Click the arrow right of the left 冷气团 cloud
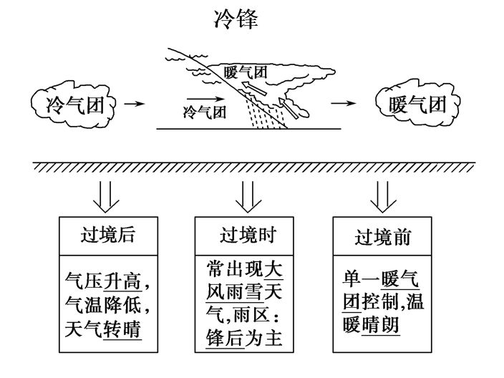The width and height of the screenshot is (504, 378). click(134, 105)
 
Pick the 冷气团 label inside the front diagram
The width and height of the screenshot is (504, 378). click(205, 112)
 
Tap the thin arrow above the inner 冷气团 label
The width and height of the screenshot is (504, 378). click(202, 97)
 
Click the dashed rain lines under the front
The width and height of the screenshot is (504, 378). click(261, 114)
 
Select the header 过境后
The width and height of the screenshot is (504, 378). click(107, 236)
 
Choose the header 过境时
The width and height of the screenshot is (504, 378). click(246, 236)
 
